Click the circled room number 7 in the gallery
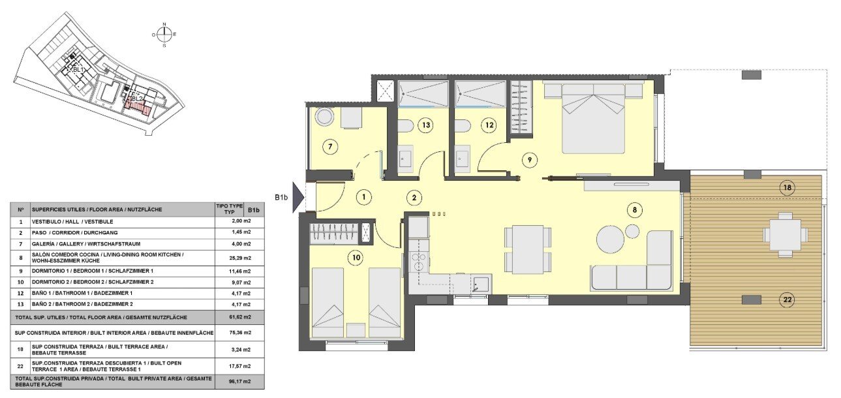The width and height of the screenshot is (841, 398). click(x=331, y=147)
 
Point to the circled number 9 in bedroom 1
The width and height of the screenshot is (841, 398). click(x=530, y=158)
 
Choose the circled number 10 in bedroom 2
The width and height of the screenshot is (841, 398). click(x=356, y=257)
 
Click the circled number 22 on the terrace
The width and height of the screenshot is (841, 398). click(x=787, y=300)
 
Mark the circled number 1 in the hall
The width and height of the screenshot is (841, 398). click(x=363, y=196)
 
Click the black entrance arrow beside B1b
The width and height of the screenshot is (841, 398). click(x=298, y=196)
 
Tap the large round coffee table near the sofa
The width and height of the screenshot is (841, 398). click(x=611, y=239)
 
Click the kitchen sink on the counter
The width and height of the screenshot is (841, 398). click(x=481, y=284)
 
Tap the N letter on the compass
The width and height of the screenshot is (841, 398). click(x=164, y=24)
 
